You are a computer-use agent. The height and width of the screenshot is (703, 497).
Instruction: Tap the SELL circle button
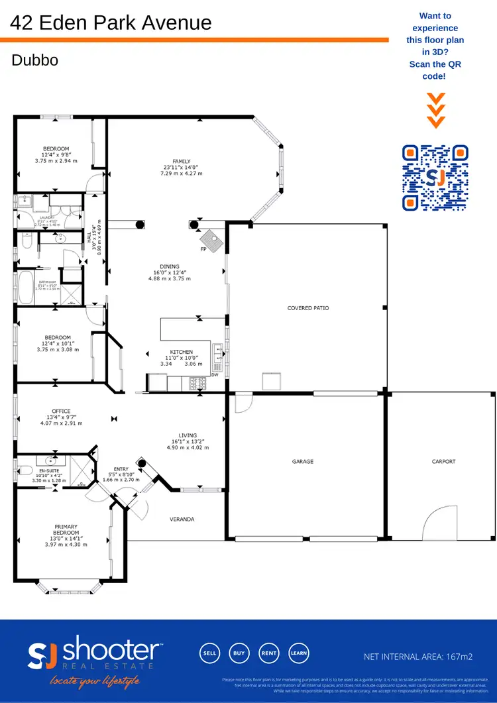point(209,653)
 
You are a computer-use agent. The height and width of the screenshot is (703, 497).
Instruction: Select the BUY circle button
point(239,653)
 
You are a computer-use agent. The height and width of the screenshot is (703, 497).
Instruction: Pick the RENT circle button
point(268,653)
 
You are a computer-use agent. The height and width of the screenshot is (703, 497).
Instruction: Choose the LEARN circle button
point(298,653)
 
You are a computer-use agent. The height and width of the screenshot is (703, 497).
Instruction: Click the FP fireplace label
point(203,250)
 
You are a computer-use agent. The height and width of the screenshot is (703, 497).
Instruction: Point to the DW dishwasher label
point(214,375)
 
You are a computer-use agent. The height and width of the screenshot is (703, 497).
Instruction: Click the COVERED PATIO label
point(307,308)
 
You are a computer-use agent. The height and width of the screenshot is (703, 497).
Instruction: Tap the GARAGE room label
point(303,462)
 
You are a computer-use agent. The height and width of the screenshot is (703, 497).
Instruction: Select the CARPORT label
point(443,462)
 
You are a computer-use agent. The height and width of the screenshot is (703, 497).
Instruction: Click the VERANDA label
point(182,519)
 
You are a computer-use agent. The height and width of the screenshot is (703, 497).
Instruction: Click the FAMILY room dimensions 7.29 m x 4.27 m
point(181,174)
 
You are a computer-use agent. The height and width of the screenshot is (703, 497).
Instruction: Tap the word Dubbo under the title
point(34,60)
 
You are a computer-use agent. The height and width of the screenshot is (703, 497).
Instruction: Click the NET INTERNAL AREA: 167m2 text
point(418,657)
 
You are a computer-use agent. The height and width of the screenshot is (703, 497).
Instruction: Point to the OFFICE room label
point(61,411)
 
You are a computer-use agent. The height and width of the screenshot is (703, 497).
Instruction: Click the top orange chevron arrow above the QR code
point(435,98)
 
